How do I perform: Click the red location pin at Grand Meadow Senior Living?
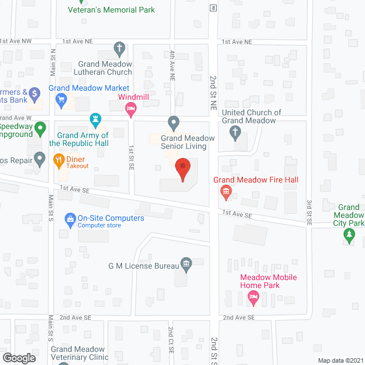[182, 169]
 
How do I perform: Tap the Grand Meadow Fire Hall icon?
[226, 192]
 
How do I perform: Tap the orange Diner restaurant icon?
[58, 160]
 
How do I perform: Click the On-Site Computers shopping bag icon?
[70, 218]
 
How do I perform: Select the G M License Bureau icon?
[186, 265]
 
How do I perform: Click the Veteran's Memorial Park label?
[111, 10]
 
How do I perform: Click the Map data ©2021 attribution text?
[340, 360]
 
